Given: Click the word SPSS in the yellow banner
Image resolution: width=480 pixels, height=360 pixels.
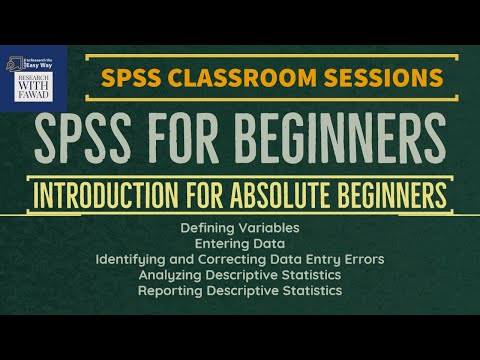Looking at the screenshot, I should pyautogui.click(x=132, y=77).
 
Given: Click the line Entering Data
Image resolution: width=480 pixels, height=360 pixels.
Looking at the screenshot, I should pyautogui.click(x=240, y=244).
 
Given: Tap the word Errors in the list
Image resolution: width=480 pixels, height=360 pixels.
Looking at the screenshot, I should pyautogui.click(x=363, y=259).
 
